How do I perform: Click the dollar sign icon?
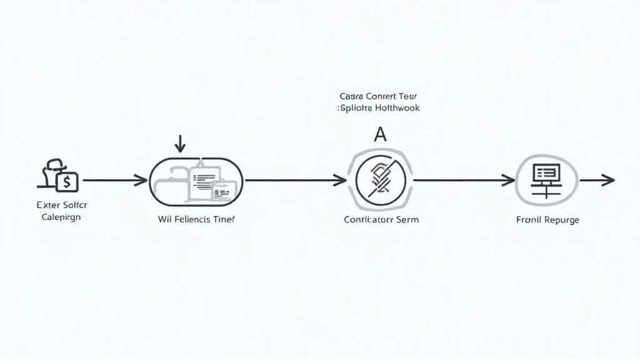(x=67, y=182)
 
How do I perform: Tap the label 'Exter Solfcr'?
(x=62, y=205)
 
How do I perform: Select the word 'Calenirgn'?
(x=61, y=217)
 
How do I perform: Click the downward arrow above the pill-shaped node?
(x=180, y=144)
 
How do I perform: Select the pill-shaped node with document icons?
(x=196, y=180)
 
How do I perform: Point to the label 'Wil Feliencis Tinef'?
(x=197, y=219)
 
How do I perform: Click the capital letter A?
(x=379, y=134)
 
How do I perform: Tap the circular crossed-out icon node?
(x=380, y=180)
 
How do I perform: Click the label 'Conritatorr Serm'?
(x=381, y=219)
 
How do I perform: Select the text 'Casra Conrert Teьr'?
(x=378, y=97)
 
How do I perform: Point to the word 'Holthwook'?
(x=397, y=108)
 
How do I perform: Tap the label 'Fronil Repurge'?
(x=547, y=220)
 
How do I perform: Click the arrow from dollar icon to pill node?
(x=115, y=181)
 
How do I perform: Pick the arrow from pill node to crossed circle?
(x=296, y=181)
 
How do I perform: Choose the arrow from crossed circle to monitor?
(x=464, y=181)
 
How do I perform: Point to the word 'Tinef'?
(x=222, y=219)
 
